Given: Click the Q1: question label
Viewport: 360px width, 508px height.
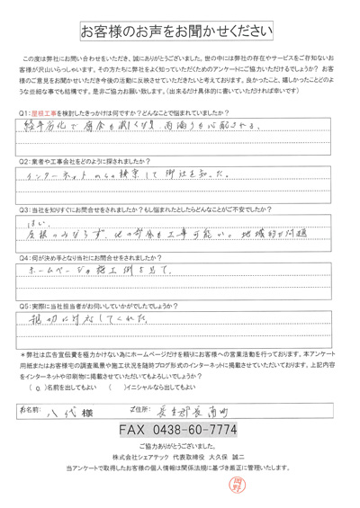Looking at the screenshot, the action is click(x=24, y=111).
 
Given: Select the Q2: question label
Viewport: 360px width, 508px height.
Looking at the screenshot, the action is click(x=24, y=161).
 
